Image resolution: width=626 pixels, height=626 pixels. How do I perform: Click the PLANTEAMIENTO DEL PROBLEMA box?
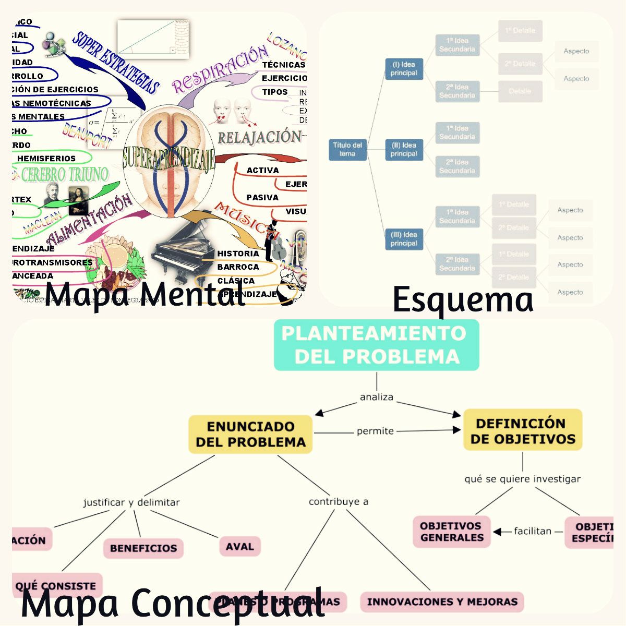tap(376, 345)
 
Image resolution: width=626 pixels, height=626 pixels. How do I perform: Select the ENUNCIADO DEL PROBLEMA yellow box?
tap(250, 434)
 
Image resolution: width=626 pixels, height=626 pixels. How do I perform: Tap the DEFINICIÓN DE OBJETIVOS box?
tap(523, 431)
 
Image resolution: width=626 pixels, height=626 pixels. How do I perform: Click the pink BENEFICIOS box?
tap(143, 548)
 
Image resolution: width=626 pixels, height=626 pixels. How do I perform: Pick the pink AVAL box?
tap(239, 547)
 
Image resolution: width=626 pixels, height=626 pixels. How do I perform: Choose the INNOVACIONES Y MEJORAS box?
tap(442, 601)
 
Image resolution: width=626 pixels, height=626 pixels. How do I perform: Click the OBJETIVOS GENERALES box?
tap(452, 532)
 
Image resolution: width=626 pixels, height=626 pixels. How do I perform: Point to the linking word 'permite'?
tap(375, 431)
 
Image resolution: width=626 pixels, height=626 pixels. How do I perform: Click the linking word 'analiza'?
tap(376, 397)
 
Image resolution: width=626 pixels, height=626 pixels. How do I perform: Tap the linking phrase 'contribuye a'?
tap(339, 501)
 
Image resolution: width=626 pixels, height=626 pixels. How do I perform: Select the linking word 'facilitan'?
tap(532, 531)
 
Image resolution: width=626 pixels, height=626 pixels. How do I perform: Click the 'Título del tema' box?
tap(347, 149)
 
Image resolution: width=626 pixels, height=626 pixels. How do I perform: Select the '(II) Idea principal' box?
tap(404, 149)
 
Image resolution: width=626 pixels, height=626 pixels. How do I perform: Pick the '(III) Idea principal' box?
tap(404, 239)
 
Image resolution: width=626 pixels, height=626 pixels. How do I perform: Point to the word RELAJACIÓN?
tap(259, 137)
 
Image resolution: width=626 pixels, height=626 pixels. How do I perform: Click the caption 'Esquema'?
tap(463, 300)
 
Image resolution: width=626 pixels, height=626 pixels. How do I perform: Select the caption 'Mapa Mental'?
tap(145, 294)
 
